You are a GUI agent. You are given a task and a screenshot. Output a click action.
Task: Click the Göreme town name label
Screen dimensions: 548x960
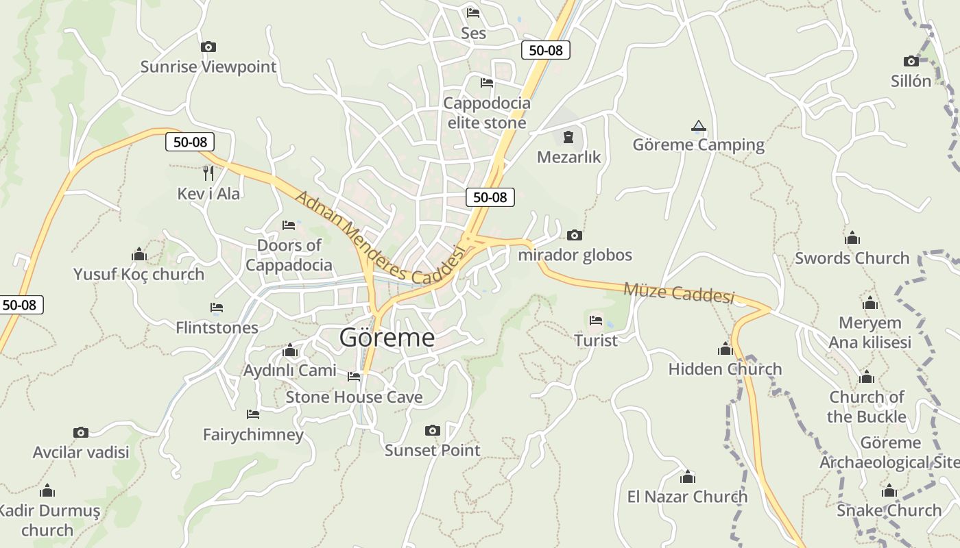(x=387, y=338)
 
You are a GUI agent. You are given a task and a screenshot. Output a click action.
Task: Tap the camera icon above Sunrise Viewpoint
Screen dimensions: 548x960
(x=208, y=47)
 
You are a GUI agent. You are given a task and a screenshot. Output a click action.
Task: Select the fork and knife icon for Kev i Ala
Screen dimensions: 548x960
(x=208, y=173)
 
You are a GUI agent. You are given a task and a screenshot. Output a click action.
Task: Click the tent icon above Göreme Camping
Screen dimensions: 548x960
(x=698, y=125)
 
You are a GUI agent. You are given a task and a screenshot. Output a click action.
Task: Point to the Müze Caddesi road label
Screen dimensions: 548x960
(x=678, y=292)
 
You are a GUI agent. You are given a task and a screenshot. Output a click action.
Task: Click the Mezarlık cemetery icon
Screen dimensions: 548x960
(x=568, y=137)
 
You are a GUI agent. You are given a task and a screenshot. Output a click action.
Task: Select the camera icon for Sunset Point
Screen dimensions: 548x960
(x=432, y=430)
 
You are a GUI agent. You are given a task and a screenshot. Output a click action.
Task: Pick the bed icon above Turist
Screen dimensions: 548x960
(x=595, y=320)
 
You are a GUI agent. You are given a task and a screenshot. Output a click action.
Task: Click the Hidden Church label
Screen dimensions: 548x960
(x=725, y=369)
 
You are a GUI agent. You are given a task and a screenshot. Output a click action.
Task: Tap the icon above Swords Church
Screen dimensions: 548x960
(x=852, y=238)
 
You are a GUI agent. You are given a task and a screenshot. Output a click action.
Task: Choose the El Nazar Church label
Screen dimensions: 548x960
(x=687, y=497)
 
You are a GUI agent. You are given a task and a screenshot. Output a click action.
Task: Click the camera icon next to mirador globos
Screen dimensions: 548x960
(x=575, y=235)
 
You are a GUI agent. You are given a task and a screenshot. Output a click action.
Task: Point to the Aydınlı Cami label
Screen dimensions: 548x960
(x=290, y=371)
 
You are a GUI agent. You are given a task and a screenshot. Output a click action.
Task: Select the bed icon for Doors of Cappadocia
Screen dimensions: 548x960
(x=289, y=225)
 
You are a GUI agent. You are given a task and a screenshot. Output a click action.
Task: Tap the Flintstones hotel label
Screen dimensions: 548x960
(x=217, y=327)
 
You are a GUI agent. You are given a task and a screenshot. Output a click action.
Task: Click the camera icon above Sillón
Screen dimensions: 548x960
(x=911, y=61)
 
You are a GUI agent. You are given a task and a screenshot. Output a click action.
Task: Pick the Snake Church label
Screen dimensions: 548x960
(x=889, y=510)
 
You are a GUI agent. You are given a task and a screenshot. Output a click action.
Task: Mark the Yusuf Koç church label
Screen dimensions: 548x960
(x=139, y=274)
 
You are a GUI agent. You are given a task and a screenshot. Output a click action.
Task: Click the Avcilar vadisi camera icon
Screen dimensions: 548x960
(x=81, y=432)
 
